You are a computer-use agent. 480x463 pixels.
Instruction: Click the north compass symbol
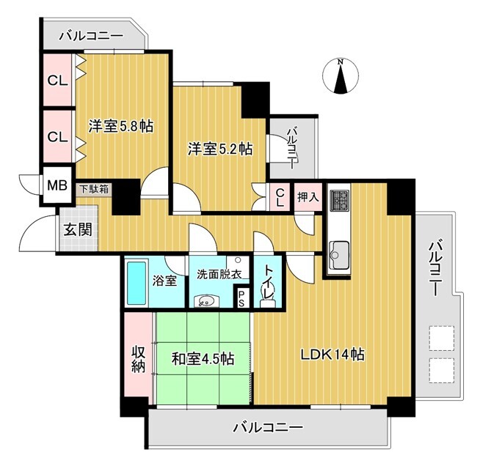341,75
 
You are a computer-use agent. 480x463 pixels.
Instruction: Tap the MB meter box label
57,185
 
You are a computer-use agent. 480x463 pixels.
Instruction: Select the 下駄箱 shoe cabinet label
94,189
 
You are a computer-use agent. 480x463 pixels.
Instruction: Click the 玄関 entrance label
78,229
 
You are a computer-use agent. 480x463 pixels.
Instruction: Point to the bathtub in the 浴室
137,283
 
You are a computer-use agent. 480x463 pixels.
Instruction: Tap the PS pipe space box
241,298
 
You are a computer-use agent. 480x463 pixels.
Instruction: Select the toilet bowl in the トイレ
268,298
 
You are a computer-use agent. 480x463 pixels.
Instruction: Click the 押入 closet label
308,197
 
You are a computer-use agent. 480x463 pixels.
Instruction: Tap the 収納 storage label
138,360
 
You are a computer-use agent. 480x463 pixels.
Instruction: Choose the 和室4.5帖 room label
203,358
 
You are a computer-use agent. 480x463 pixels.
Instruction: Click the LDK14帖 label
332,355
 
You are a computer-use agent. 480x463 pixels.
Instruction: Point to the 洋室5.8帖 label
121,125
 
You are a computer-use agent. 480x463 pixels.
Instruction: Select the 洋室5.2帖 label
220,149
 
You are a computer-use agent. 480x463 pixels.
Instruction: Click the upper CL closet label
57,81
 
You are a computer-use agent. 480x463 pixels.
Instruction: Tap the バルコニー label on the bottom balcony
268,426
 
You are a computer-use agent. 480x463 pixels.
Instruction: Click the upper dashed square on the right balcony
441,338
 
